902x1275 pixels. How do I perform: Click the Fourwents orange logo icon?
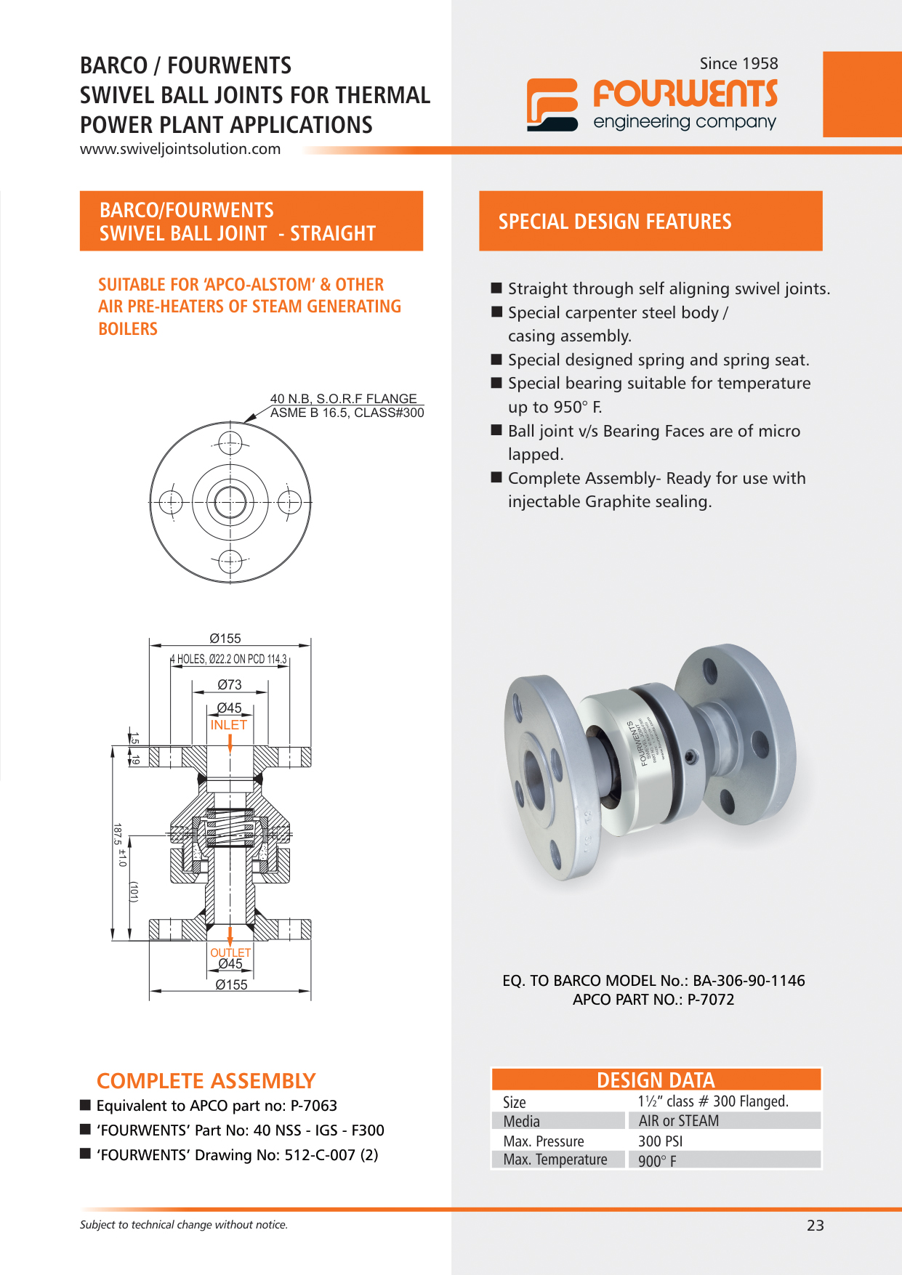coord(552,105)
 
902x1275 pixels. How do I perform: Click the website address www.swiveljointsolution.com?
coord(180,149)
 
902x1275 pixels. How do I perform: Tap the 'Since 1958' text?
coord(738,64)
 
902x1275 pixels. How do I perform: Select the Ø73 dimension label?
coord(230,684)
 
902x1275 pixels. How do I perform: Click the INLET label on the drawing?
coord(228,725)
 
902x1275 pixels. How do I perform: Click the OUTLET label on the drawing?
coord(230,952)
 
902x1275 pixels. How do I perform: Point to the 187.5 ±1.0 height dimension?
coord(119,845)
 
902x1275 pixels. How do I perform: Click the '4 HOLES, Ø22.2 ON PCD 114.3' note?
coord(229,659)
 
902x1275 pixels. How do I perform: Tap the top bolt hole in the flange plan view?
coord(230,442)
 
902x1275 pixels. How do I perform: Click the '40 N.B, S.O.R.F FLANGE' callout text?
coord(343,399)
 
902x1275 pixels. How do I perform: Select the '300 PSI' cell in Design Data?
coord(660,1141)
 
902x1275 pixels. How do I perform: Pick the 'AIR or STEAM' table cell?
coord(678,1121)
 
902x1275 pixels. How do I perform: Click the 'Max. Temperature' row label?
coord(555,1159)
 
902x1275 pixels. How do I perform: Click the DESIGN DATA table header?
coord(656,1080)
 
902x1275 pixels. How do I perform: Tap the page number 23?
coord(815,1226)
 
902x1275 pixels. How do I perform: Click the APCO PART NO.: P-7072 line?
coord(653,1000)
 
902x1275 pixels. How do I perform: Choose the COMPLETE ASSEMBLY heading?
coord(206,1081)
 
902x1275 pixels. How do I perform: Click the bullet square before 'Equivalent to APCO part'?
coord(85,1106)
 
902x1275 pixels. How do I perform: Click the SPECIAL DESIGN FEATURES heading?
coord(614,222)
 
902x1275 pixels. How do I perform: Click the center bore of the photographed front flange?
coord(534,779)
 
